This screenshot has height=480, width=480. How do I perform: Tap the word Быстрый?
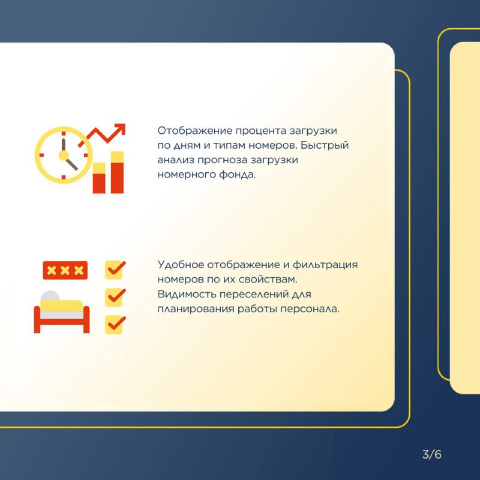point(325,145)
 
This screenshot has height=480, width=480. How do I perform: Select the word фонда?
point(237,175)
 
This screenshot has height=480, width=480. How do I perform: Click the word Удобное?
point(181,265)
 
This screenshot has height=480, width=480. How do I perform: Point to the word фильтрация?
point(325,265)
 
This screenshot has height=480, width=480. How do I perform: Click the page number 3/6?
point(431,454)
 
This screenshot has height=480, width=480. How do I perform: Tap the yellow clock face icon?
point(64,155)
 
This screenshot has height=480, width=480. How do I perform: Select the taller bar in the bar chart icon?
point(117,172)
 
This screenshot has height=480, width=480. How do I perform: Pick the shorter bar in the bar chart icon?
point(99,178)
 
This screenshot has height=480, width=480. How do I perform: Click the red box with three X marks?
point(65,271)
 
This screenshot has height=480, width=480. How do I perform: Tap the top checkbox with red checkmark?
point(115,269)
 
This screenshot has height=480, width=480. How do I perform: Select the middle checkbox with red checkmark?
point(115,297)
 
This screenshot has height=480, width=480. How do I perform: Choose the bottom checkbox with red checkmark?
point(115,325)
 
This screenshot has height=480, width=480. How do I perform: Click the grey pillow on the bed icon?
point(49,296)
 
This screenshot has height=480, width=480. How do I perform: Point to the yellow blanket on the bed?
point(62,305)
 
